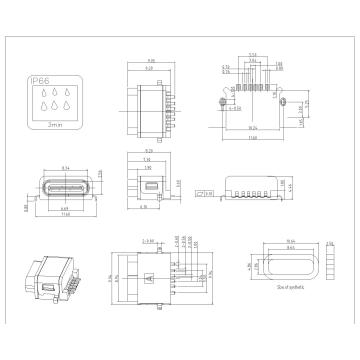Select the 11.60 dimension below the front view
click(65, 214)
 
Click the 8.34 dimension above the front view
click(65, 168)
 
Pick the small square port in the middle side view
click(151, 185)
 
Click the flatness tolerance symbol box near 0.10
click(207, 190)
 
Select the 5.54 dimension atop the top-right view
click(253, 53)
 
